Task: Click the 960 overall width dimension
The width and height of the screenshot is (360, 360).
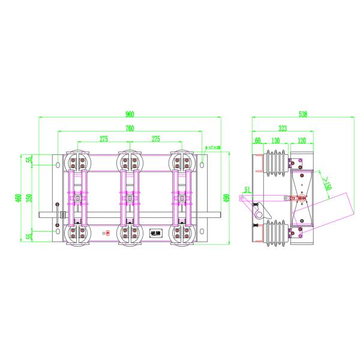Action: coord(130,115)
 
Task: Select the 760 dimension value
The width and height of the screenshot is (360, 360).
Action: coord(130,128)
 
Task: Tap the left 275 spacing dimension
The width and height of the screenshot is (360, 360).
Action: coord(103,139)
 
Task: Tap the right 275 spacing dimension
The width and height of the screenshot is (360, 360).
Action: coord(156,139)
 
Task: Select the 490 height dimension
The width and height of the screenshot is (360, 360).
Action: coord(226,198)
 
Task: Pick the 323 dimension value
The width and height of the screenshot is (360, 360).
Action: coord(281,128)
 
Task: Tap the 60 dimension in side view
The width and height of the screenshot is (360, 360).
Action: coord(257,140)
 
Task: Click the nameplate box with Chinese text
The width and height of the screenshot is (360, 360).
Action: coord(155,232)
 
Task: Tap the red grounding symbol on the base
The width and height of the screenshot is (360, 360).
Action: coord(108,233)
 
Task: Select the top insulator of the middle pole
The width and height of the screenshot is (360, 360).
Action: coord(132,161)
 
